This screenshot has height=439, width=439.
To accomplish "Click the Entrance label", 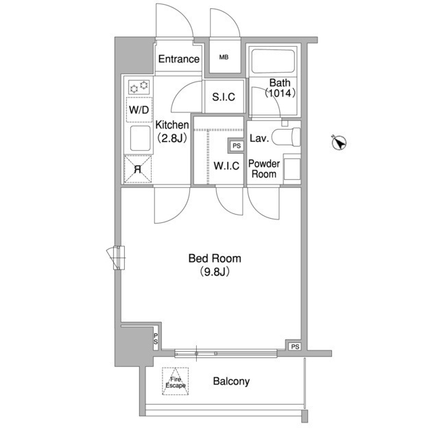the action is coord(178,59).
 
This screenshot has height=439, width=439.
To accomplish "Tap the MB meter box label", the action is coord(224,58).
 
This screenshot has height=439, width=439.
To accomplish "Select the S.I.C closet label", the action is coord(224,97).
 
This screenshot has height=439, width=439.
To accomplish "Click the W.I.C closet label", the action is coord(226,166).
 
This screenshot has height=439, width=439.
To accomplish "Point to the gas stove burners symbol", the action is coord(139,87).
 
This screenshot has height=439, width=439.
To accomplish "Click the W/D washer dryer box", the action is coord(139,110).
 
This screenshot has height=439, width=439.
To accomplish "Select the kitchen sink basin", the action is coord(140,138).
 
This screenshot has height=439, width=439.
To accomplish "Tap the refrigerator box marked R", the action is coord(138,169).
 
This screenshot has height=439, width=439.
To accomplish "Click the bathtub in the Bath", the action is coord(273,61).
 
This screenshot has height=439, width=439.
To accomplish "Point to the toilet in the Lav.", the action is coord(286,137).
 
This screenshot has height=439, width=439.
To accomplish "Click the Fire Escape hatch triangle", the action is coord(176,381).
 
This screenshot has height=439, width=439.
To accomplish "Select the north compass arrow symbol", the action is coord(339,143).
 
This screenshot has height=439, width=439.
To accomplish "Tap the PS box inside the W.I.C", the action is coord(237,146).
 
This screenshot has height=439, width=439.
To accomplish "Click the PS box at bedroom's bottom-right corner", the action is coord(295,346).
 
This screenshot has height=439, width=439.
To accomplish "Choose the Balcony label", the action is coord(231,381).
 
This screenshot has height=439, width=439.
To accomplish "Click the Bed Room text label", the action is coord(215,258).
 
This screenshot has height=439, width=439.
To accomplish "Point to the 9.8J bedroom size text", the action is coord(215,272).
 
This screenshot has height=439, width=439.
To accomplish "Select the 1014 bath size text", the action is coord(280,93).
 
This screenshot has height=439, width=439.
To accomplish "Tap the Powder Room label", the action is coord(264,169).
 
